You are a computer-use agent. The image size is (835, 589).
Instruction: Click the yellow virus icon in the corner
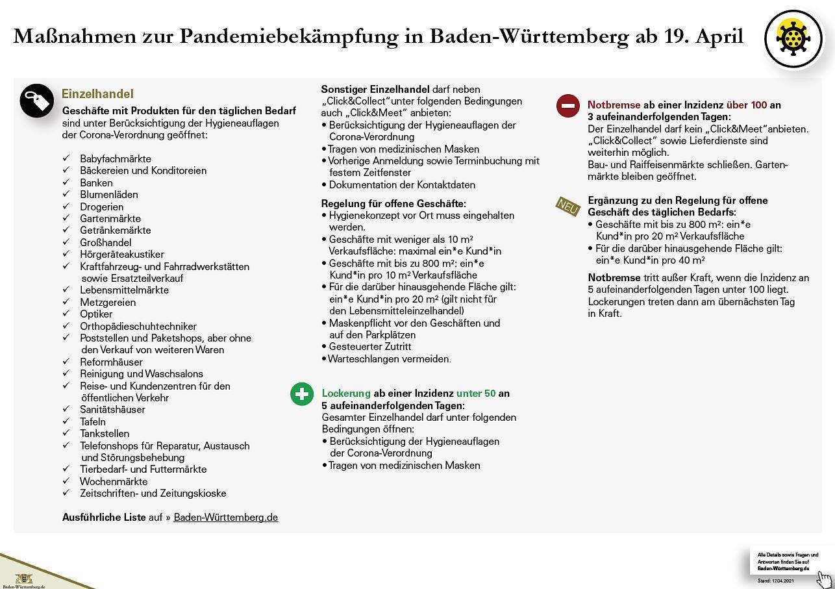click(x=793, y=38)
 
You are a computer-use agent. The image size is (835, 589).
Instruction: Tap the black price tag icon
click(x=36, y=101)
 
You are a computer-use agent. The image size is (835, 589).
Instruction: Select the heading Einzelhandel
click(x=97, y=94)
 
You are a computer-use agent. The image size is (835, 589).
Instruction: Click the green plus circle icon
click(x=302, y=394)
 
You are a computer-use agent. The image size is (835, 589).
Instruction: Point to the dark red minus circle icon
click(x=568, y=105)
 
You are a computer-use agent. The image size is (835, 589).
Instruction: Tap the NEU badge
click(x=567, y=207)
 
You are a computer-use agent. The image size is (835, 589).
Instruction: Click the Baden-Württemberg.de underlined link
click(x=226, y=518)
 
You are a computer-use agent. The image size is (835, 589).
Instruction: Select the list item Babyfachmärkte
click(x=116, y=158)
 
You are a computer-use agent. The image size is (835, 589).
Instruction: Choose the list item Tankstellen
click(x=105, y=433)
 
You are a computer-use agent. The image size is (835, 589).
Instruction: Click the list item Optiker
click(x=96, y=314)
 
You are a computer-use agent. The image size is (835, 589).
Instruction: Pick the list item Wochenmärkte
click(x=114, y=481)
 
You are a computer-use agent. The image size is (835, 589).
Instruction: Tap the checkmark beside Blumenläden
click(x=66, y=194)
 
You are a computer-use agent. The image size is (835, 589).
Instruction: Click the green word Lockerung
click(x=346, y=393)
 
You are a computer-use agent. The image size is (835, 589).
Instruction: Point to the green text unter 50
click(x=476, y=393)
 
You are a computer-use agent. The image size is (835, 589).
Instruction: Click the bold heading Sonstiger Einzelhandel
click(x=375, y=89)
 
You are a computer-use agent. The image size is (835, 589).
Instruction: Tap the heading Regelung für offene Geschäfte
click(x=393, y=203)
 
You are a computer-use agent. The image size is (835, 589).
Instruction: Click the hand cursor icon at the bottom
click(x=825, y=579)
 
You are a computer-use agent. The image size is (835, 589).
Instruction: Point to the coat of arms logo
click(x=24, y=577)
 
